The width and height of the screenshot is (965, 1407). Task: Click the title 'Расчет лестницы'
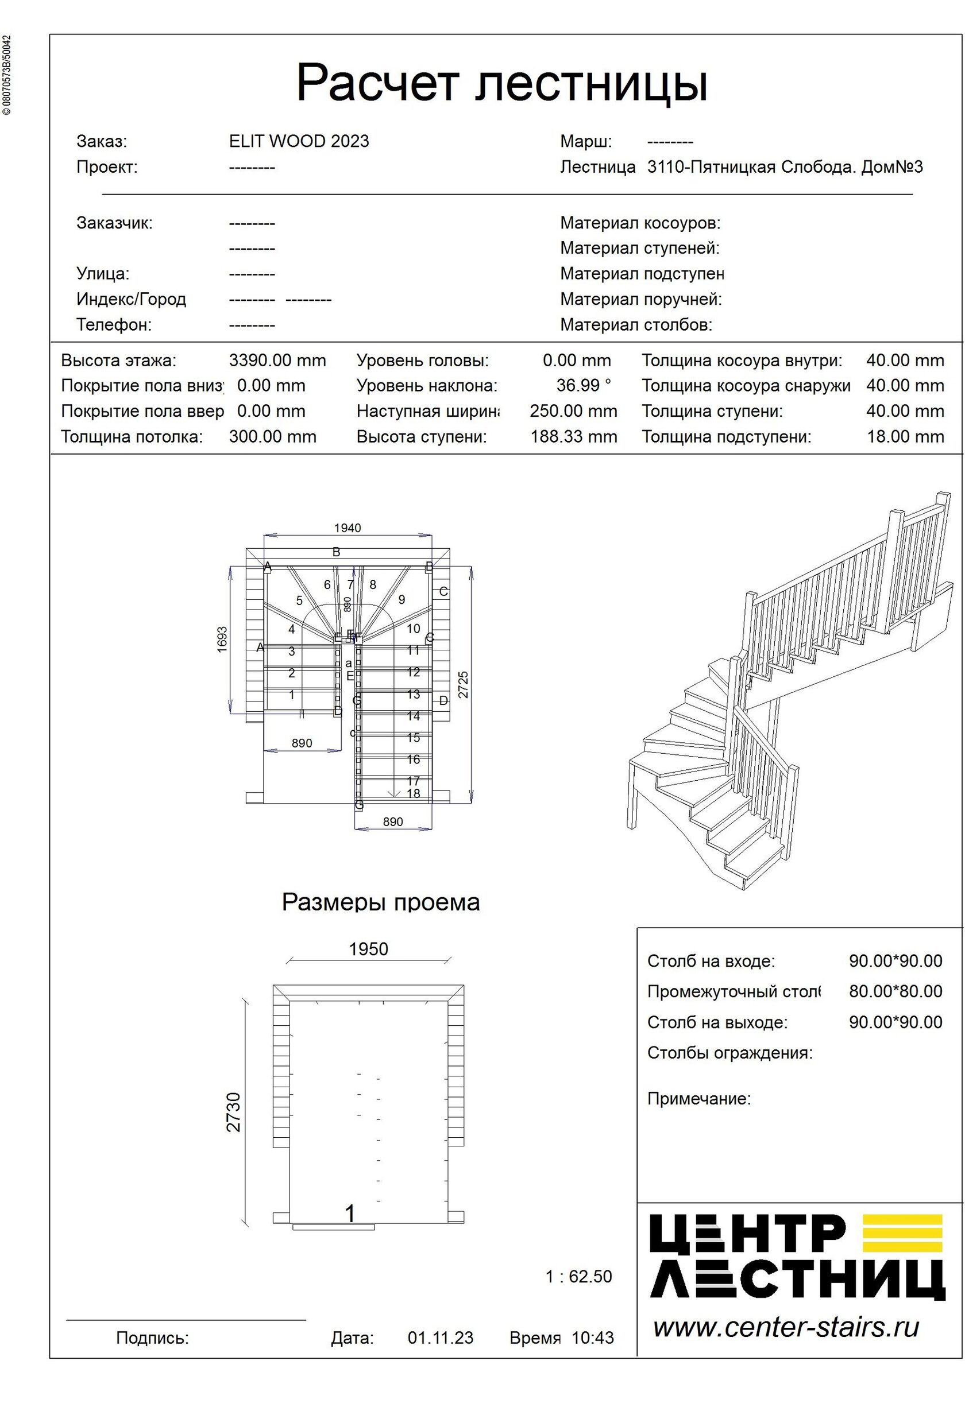click(x=501, y=83)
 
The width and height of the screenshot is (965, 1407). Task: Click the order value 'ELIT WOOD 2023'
click(x=299, y=141)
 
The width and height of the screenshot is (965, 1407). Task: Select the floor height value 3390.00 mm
click(x=277, y=361)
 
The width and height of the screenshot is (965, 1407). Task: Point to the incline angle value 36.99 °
click(x=584, y=385)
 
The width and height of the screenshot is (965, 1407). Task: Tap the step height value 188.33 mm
click(x=573, y=436)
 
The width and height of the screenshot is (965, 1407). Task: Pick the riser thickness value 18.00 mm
click(x=905, y=436)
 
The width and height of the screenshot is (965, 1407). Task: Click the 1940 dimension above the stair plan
click(x=347, y=528)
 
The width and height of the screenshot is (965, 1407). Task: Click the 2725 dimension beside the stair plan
click(x=464, y=685)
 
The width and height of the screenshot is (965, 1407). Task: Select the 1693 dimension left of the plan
click(x=222, y=639)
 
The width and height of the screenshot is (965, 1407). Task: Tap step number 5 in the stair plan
click(x=299, y=600)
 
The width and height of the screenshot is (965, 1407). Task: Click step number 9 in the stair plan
click(x=402, y=599)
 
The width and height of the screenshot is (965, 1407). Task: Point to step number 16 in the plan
click(x=413, y=759)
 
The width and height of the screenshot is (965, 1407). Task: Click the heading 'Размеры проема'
click(x=380, y=902)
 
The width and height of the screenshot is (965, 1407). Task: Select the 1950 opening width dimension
click(x=368, y=949)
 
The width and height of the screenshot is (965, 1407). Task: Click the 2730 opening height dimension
click(x=234, y=1111)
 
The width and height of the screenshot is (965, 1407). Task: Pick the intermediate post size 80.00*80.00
click(x=895, y=991)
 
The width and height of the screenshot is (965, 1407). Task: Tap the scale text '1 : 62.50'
click(x=578, y=1276)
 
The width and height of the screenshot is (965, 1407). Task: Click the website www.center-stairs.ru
click(x=786, y=1327)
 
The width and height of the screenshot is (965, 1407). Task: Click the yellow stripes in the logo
click(x=902, y=1234)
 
